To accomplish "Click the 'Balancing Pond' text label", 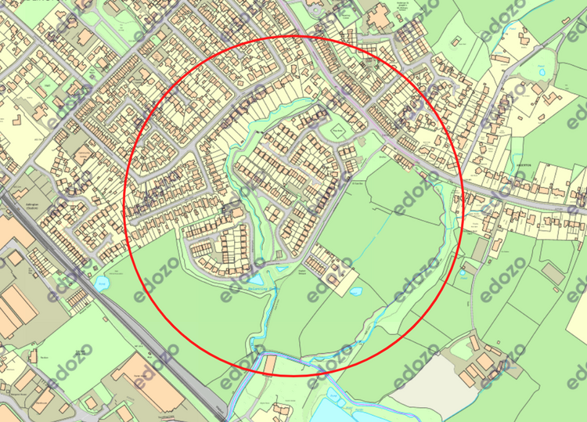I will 248,288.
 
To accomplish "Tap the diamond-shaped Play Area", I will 337,131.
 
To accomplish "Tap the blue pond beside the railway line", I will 101,283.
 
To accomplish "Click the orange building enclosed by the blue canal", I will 269,364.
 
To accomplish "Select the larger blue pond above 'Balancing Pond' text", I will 257,278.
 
